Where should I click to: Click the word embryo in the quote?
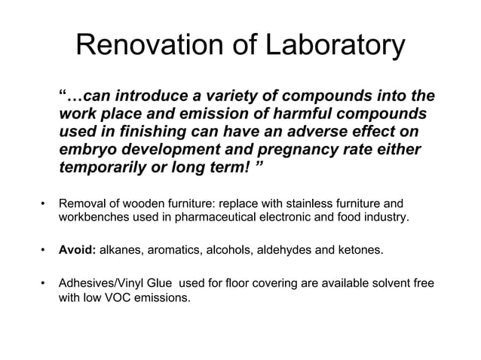point(87,149)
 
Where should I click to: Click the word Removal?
point(81,204)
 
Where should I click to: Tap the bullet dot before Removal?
point(44,204)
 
